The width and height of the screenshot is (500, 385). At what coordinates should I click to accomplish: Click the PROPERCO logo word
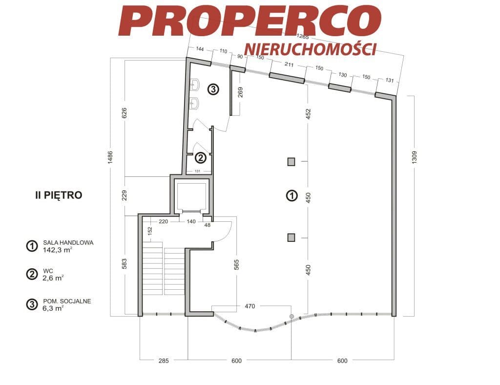[250, 20]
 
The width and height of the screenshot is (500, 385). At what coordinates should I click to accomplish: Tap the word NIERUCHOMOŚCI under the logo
[310, 49]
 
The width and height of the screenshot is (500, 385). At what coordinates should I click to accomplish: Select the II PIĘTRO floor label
[59, 195]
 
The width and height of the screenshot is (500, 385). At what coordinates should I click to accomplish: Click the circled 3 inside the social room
[213, 89]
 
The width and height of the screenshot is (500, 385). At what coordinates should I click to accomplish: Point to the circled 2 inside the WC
[200, 158]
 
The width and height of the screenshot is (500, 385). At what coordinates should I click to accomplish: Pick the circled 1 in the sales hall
[292, 195]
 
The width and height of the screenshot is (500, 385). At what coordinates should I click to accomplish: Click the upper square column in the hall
[291, 162]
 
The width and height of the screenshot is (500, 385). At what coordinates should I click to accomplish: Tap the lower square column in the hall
[291, 237]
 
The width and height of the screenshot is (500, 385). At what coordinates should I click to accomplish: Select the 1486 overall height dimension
[110, 157]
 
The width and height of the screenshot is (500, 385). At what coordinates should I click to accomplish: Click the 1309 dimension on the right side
[414, 157]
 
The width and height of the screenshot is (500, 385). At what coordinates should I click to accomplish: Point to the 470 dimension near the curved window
[250, 306]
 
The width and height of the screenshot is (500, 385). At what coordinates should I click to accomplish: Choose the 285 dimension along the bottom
[164, 361]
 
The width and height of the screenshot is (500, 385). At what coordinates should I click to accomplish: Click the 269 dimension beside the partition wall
[240, 92]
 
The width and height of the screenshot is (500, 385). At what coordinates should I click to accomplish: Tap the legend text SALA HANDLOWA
[68, 243]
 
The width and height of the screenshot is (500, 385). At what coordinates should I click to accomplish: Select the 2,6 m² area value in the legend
[53, 278]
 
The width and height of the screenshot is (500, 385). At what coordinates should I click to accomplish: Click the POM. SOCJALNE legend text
[67, 301]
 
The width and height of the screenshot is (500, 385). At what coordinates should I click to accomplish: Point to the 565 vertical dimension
[236, 265]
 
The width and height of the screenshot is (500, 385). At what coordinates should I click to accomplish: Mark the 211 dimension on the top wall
[289, 64]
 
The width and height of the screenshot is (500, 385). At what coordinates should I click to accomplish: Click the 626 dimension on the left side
[125, 113]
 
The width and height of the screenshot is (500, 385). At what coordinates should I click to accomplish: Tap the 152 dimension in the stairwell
[150, 231]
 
